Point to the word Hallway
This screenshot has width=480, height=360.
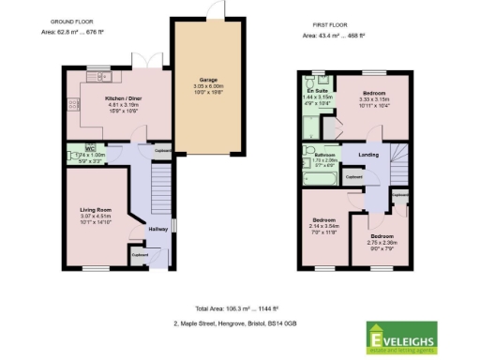157,229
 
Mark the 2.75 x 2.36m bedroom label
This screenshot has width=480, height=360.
381,237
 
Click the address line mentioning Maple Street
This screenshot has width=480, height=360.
234,322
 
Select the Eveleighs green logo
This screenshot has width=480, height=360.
405,335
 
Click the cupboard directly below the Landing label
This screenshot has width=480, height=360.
354,175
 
